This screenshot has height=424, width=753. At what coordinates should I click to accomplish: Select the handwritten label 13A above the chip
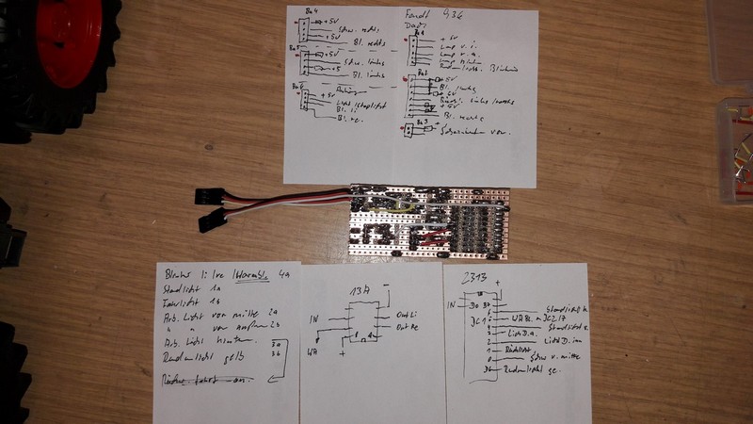[x=360, y=290]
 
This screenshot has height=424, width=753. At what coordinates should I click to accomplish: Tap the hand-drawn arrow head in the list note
[x=269, y=380]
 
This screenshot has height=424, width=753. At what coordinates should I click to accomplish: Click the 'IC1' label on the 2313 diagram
[x=478, y=321]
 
